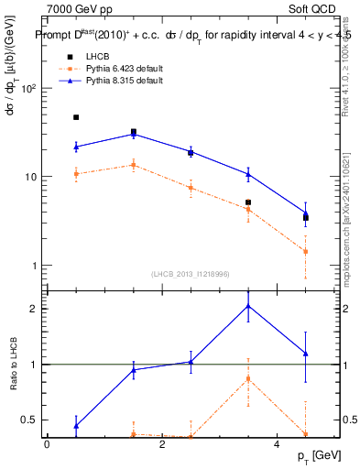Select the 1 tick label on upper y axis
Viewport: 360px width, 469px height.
click(x=34, y=266)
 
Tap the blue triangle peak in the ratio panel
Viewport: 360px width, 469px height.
click(x=248, y=306)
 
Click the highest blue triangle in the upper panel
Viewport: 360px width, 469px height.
click(x=134, y=134)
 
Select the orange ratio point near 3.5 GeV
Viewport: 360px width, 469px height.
click(x=248, y=378)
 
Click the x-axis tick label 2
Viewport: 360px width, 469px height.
click(x=162, y=444)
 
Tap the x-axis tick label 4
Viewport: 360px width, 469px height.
click(x=278, y=444)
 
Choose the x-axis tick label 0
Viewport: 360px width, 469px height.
click(x=47, y=444)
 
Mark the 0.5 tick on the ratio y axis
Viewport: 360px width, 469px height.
click(x=30, y=420)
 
